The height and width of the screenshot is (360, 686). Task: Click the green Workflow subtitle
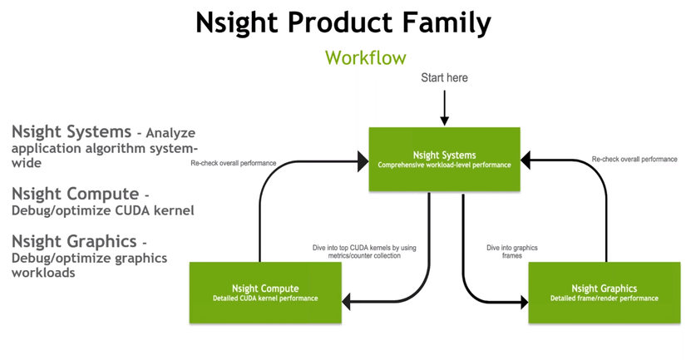[x=365, y=58]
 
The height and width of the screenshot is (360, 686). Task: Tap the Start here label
[x=444, y=78]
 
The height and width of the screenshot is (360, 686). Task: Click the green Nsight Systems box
[x=444, y=159]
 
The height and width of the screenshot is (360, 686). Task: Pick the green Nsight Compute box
[x=265, y=293]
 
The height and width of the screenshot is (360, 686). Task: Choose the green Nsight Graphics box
[x=604, y=293]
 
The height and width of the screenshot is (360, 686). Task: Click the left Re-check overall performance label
[x=233, y=163]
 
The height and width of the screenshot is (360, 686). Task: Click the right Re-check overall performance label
[x=634, y=159]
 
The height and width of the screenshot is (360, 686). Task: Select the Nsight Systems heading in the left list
[x=72, y=131]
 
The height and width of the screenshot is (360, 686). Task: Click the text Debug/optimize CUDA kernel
[x=102, y=211]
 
